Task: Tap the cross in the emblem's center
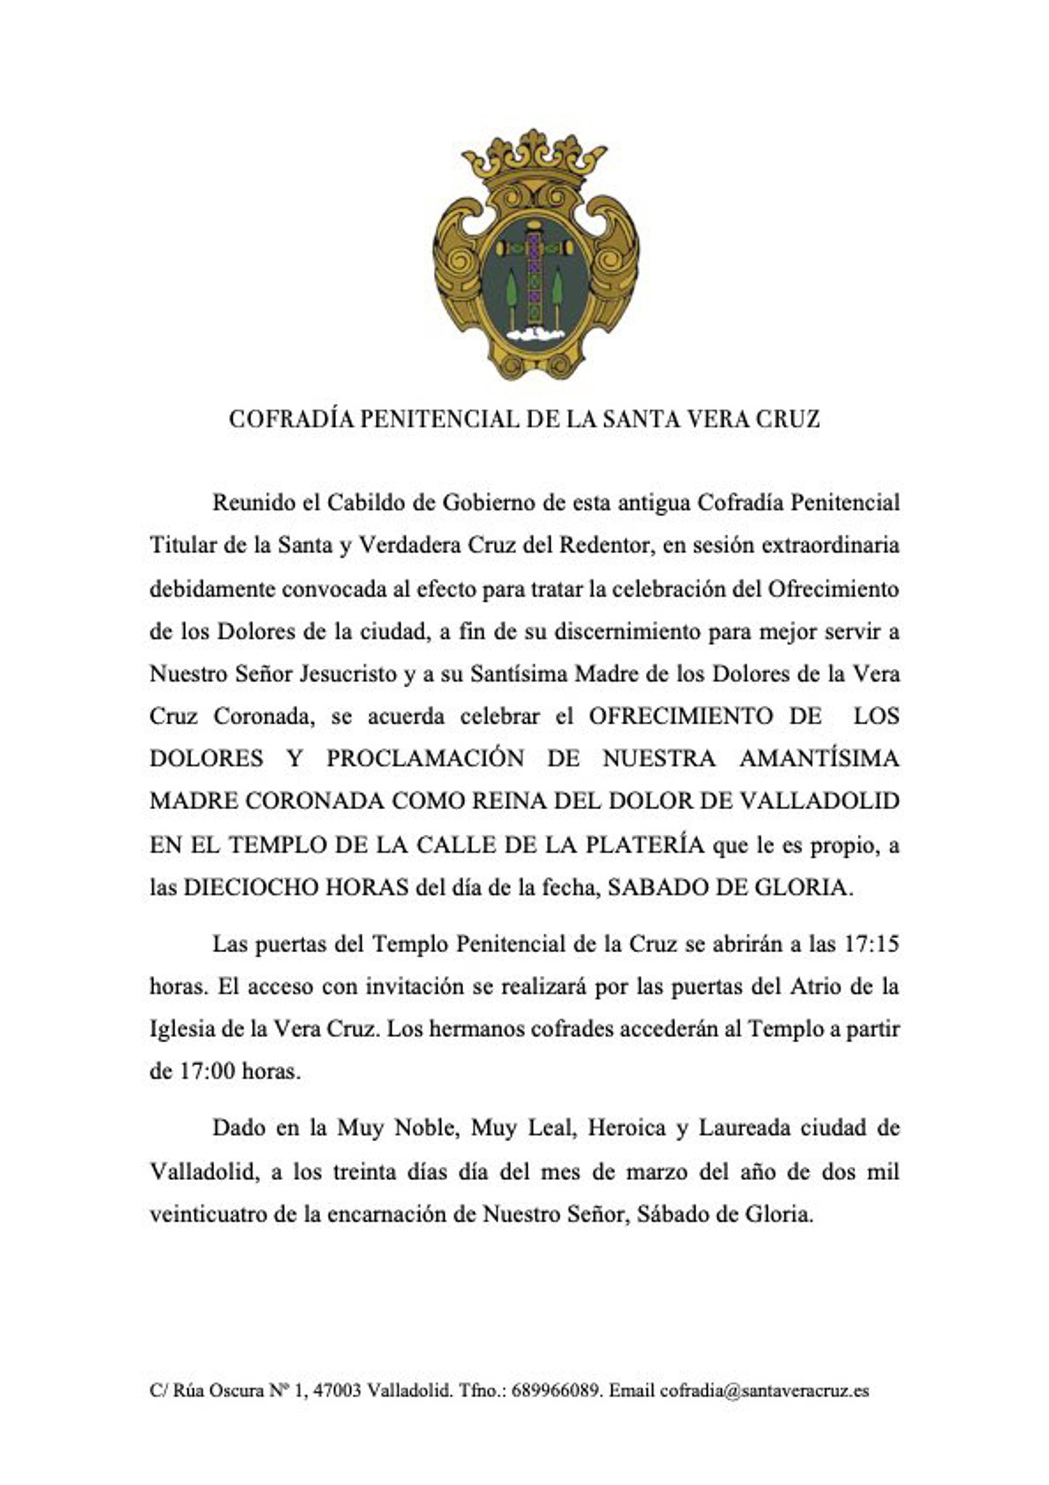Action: pyautogui.click(x=534, y=272)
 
